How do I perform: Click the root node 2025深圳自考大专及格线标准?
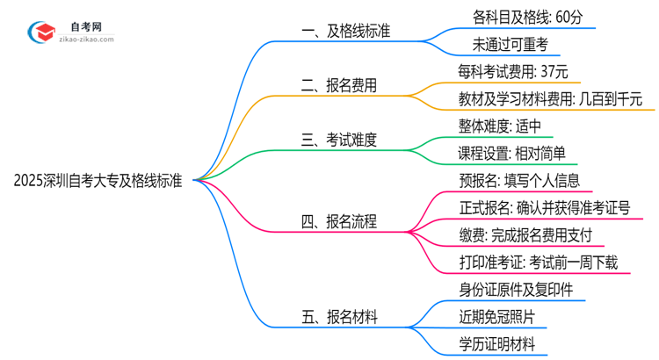tap(98, 182)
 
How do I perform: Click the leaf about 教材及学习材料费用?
tap(550, 98)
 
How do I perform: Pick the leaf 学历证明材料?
tap(496, 345)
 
